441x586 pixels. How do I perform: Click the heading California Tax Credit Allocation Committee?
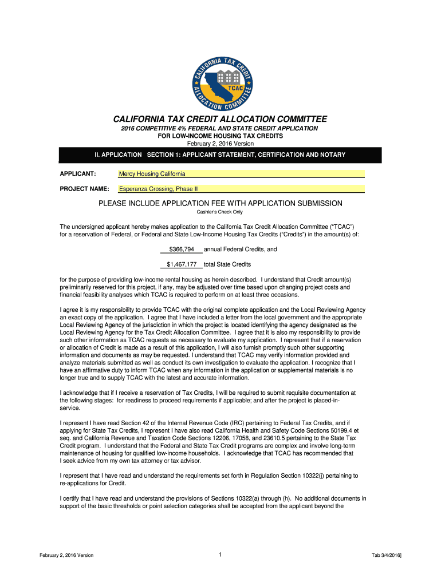point(220,119)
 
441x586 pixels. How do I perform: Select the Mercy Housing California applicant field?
point(241,174)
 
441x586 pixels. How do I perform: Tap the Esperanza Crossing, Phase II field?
point(241,189)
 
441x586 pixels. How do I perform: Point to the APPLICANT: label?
point(78,174)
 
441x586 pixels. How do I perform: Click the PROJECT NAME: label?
point(84,189)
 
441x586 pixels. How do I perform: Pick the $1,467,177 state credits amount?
point(182,264)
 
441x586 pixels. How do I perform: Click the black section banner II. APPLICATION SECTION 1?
point(220,155)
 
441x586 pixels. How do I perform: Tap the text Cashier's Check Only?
point(220,212)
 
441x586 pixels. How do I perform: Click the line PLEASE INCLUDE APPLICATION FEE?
point(220,203)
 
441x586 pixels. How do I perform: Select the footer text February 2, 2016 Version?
point(67,556)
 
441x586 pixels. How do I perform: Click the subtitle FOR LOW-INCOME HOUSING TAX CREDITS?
point(220,136)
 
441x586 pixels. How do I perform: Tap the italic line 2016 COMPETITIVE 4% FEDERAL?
point(220,129)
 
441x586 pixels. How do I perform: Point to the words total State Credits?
point(227,264)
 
